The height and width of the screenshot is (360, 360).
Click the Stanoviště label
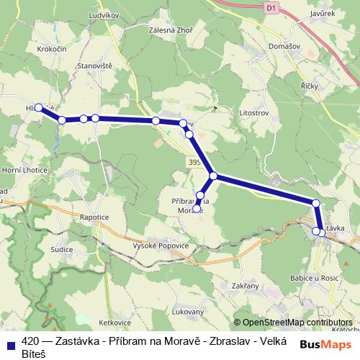(x=94, y=66)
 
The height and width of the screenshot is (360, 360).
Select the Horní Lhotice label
(x=24, y=170)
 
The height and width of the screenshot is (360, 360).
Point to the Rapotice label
(x=95, y=216)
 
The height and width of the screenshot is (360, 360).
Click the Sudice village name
(x=62, y=250)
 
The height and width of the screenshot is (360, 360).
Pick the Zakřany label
(x=245, y=286)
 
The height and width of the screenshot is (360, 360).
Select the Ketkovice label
(x=116, y=323)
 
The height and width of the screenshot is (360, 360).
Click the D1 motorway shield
(x=271, y=8)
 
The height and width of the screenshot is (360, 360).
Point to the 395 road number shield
(x=193, y=162)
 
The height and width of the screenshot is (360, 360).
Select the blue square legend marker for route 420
(x=11, y=344)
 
